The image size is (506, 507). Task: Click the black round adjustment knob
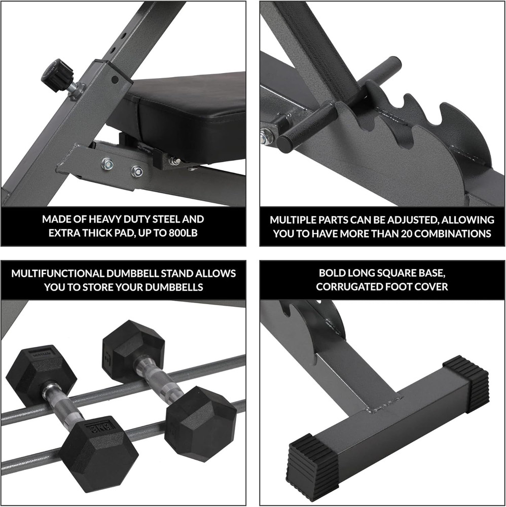[57, 76]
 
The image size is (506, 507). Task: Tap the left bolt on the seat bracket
[107, 163]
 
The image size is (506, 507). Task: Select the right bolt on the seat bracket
[136, 171]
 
